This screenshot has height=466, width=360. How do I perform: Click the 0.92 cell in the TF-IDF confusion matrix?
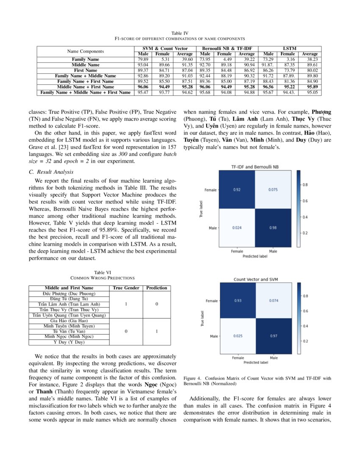click(x=237, y=189)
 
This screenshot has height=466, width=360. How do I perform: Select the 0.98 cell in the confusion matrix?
click(x=273, y=228)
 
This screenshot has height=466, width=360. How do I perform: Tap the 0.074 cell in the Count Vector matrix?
click(x=273, y=300)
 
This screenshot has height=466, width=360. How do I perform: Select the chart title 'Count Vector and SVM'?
click(x=255, y=280)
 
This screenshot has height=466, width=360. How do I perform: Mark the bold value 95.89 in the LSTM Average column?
click(x=310, y=86)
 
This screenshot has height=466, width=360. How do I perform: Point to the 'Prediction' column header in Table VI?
click(x=157, y=288)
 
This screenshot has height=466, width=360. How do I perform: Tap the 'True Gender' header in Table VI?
click(x=126, y=288)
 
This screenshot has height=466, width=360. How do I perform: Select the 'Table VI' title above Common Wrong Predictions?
click(x=102, y=272)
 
